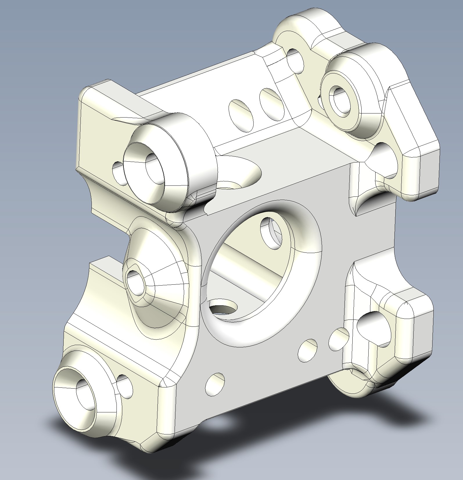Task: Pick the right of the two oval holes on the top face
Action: click(x=272, y=104)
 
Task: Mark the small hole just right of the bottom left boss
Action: click(x=124, y=386)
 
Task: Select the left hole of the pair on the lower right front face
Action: click(x=308, y=350)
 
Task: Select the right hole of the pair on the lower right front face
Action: click(x=338, y=337)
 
